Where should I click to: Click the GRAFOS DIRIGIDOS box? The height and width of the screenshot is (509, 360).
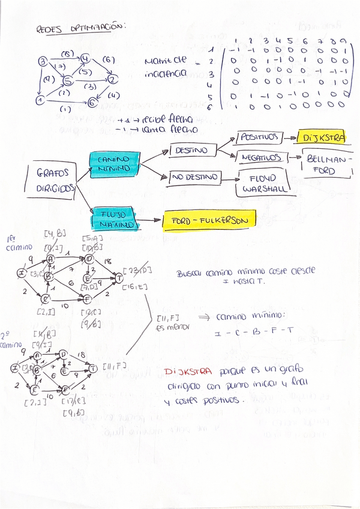pyautogui.click(x=52, y=179)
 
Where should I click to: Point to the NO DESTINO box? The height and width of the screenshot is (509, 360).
pyautogui.click(x=195, y=177)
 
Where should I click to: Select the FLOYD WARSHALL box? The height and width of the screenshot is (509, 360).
pyautogui.click(x=263, y=181)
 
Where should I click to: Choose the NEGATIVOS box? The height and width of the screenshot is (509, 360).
pyautogui.click(x=262, y=158)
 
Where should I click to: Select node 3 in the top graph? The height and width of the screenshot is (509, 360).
pyautogui.click(x=43, y=61)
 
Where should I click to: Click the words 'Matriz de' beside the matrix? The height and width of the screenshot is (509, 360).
pyautogui.click(x=165, y=61)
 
